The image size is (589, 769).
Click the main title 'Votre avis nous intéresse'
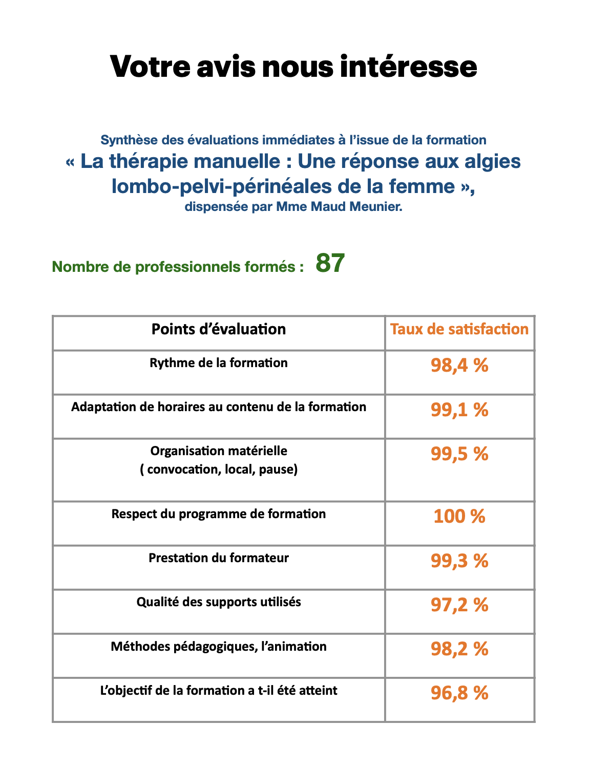click(293, 67)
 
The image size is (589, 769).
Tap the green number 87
click(330, 263)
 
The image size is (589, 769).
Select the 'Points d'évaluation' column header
click(219, 329)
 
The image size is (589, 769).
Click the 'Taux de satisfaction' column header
click(459, 329)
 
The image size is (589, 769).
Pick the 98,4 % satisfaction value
click(459, 366)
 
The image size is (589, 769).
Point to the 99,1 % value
click(459, 410)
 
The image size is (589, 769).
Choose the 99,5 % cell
click(459, 454)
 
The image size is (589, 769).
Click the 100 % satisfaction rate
click(459, 516)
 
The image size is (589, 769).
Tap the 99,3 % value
click(459, 561)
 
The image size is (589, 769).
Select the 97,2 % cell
click(459, 605)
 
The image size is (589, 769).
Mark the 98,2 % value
click(459, 649)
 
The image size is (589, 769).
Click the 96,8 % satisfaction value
click(459, 693)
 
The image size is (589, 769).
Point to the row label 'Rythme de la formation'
click(219, 363)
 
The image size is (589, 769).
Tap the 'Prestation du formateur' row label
click(219, 558)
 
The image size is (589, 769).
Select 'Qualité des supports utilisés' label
click(219, 602)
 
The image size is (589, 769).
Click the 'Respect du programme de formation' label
click(219, 514)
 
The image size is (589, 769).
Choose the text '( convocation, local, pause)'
click(219, 469)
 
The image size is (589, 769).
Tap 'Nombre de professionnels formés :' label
click(178, 267)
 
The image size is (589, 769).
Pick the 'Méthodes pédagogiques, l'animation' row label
click(219, 647)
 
